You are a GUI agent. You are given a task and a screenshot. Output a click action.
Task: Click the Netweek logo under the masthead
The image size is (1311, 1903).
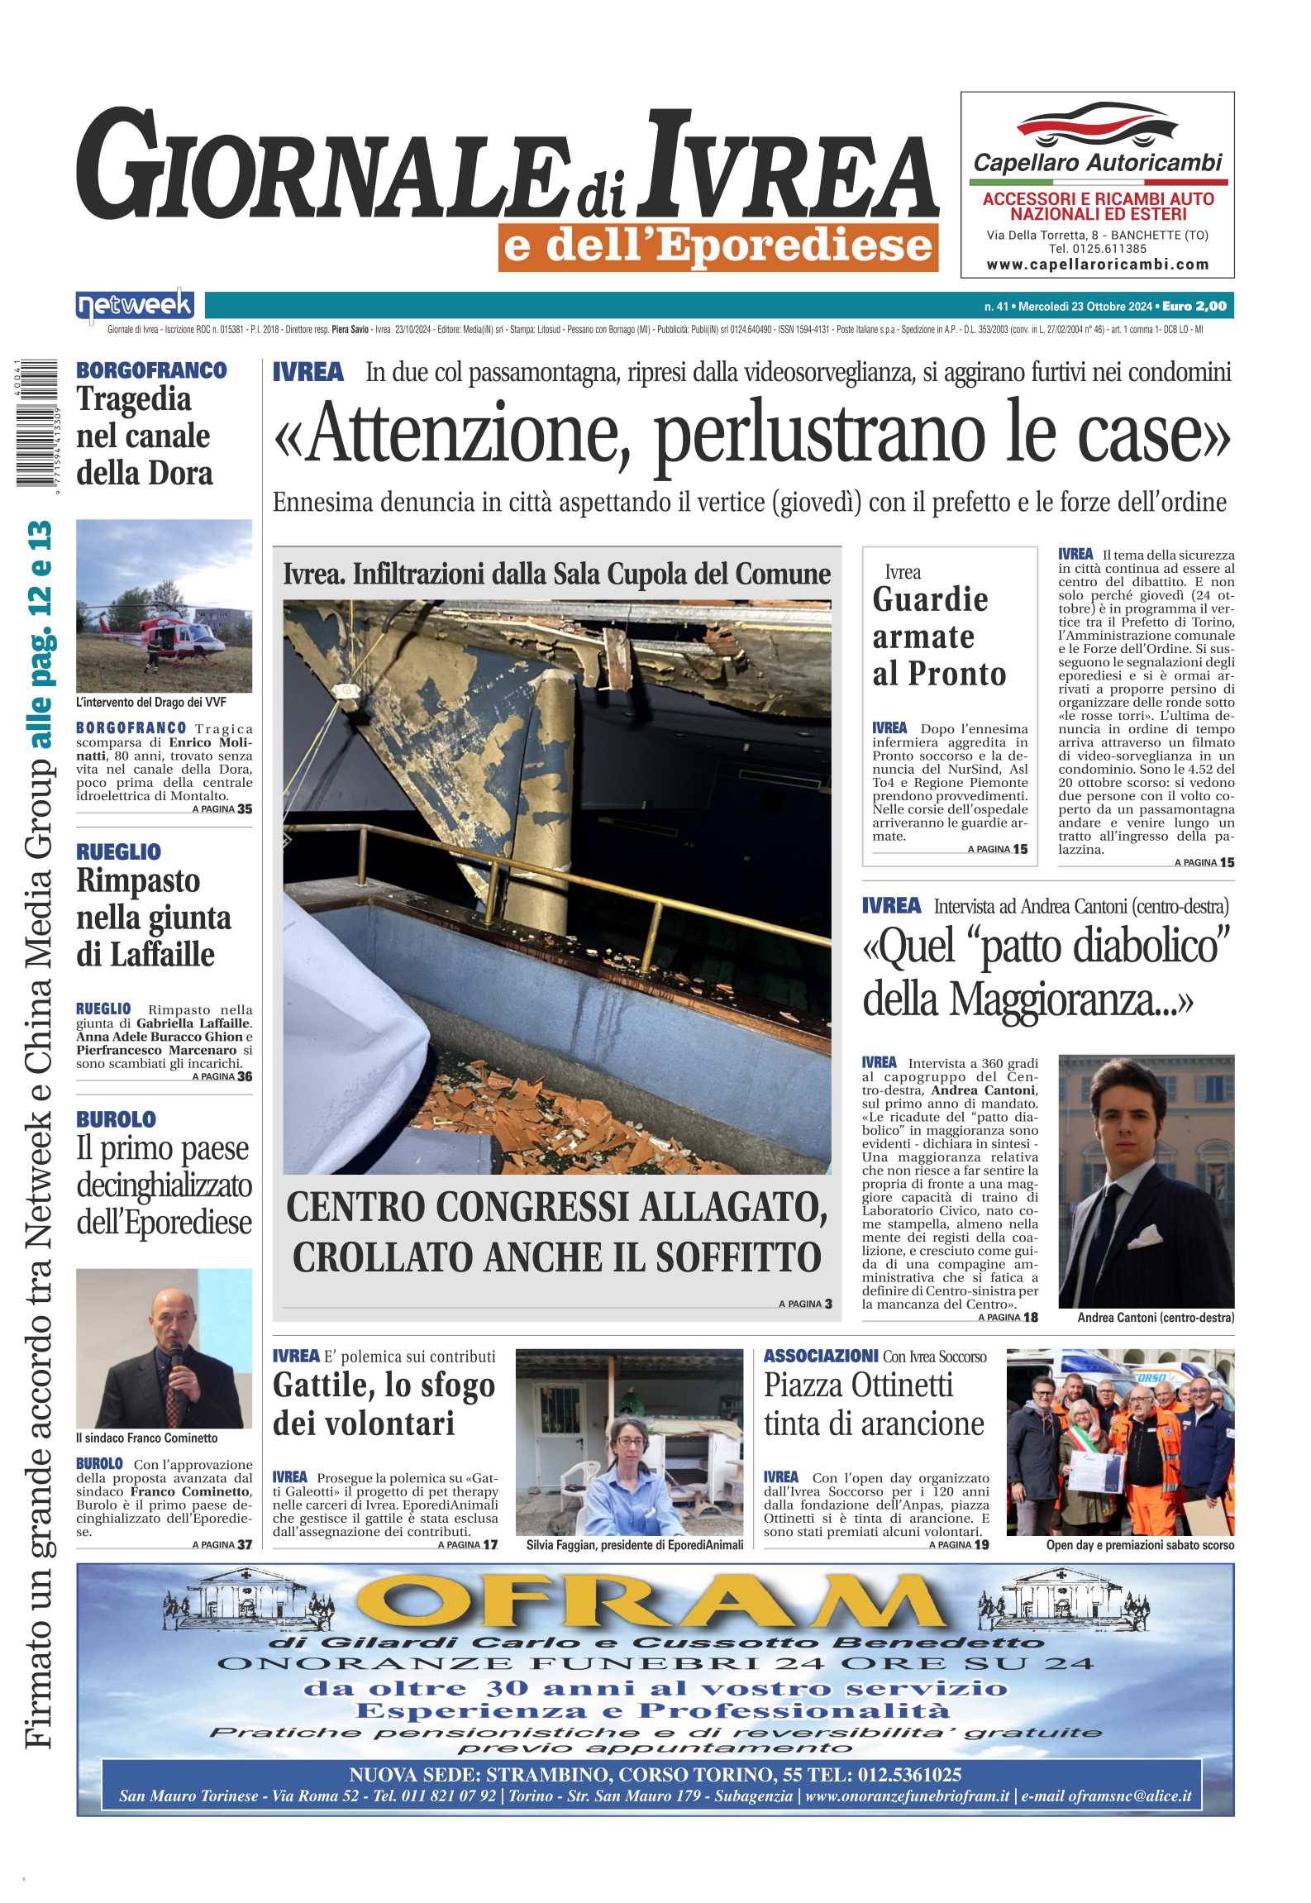135,306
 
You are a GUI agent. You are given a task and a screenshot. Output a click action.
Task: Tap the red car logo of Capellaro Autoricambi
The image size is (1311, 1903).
1096,125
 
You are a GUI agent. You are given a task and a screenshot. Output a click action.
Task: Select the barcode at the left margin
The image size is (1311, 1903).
36,423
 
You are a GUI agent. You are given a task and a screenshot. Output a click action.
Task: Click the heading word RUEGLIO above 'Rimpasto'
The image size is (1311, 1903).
118,851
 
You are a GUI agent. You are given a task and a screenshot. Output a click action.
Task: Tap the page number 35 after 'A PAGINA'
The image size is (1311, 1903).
245,808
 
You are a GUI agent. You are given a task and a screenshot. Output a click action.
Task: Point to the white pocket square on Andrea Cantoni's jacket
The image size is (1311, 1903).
1145,1237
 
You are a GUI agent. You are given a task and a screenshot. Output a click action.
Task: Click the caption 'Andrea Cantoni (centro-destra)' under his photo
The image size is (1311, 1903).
1155,1318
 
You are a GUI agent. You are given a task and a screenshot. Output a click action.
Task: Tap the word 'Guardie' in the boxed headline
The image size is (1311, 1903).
930,599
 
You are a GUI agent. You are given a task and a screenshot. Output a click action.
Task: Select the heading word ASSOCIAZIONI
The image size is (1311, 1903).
820,1356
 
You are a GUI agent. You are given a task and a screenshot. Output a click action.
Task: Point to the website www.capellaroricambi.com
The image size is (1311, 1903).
1097,265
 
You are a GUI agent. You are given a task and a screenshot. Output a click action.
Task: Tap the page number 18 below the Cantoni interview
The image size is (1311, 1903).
1031,1317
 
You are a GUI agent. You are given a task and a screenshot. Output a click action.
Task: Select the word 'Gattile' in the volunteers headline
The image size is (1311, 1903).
322,1385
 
